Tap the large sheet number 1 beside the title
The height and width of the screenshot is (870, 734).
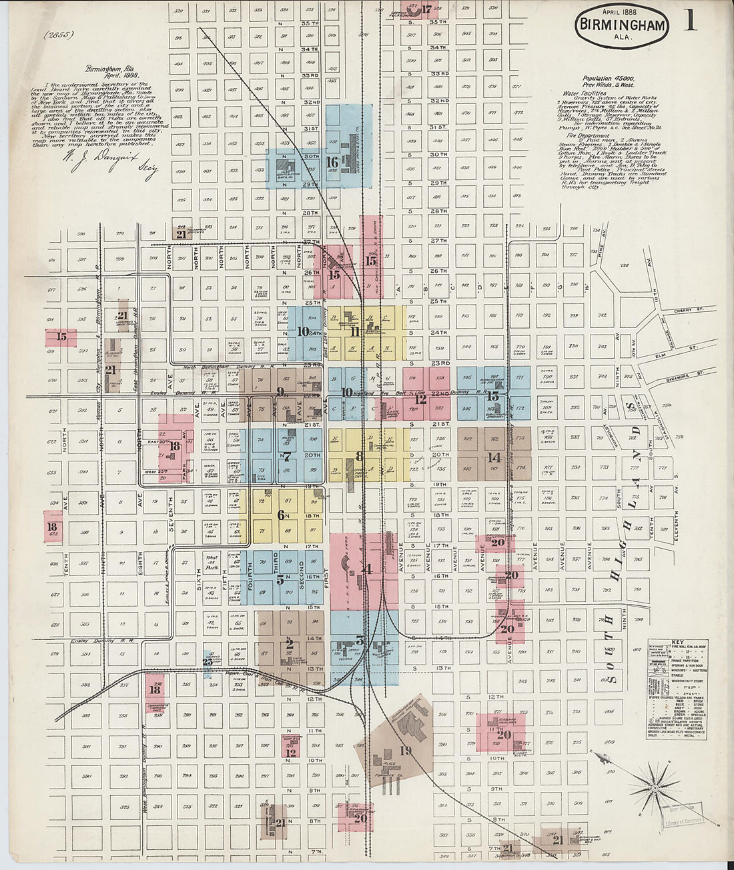coord(689,21)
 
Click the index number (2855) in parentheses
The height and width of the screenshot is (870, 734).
coord(60,35)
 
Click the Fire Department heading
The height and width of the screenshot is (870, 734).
coord(587,136)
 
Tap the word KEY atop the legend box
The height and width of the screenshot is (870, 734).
coord(677,638)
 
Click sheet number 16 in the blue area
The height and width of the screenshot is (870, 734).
coord(332,163)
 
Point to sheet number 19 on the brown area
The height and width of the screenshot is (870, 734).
coord(405,751)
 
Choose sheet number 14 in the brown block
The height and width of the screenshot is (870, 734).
coord(494,458)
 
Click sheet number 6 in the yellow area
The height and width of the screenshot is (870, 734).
coord(281,515)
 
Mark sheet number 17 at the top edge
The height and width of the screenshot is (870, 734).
coord(426,9)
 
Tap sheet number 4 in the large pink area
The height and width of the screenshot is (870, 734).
coord(368,569)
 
